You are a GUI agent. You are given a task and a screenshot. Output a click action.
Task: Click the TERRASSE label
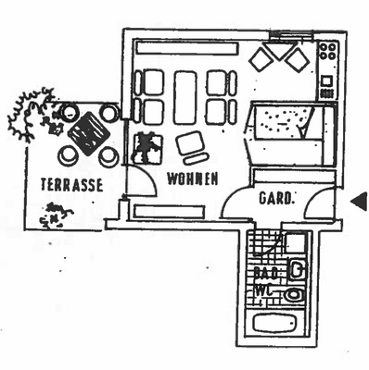(70, 183)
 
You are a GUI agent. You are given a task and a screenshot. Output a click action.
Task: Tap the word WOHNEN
(192, 179)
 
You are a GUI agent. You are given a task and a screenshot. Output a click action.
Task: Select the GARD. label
(276, 197)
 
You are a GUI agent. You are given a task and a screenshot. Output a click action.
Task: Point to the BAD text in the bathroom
(266, 275)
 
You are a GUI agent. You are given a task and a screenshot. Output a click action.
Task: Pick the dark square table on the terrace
(89, 133)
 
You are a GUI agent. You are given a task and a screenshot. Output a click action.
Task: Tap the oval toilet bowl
(294, 295)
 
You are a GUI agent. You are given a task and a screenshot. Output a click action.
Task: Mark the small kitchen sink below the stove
(326, 86)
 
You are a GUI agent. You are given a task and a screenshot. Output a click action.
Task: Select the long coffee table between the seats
(185, 95)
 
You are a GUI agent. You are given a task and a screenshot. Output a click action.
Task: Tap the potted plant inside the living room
(146, 146)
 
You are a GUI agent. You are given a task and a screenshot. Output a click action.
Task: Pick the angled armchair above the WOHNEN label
(191, 145)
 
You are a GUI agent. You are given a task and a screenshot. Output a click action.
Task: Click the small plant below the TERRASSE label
(57, 216)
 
